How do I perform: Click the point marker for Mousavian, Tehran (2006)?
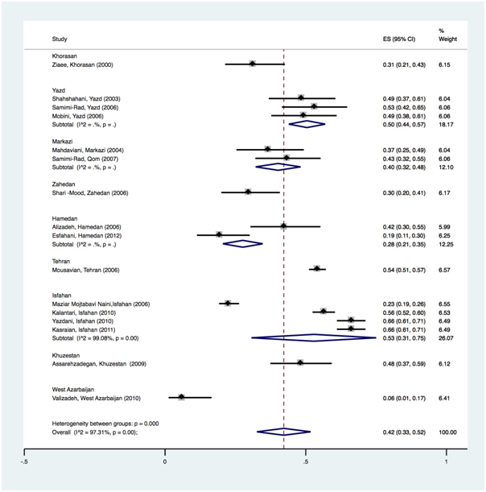click(317, 269)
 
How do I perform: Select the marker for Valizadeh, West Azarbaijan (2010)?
click(182, 397)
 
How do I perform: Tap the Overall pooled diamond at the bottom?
click(283, 432)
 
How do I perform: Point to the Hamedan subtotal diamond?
click(243, 243)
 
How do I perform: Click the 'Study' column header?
click(59, 39)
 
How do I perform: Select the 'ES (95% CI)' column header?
click(398, 39)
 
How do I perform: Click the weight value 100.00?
click(447, 432)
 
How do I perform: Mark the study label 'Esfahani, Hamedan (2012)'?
click(81, 235)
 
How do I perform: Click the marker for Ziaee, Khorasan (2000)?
click(253, 64)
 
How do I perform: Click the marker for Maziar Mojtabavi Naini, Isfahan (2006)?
click(228, 303)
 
